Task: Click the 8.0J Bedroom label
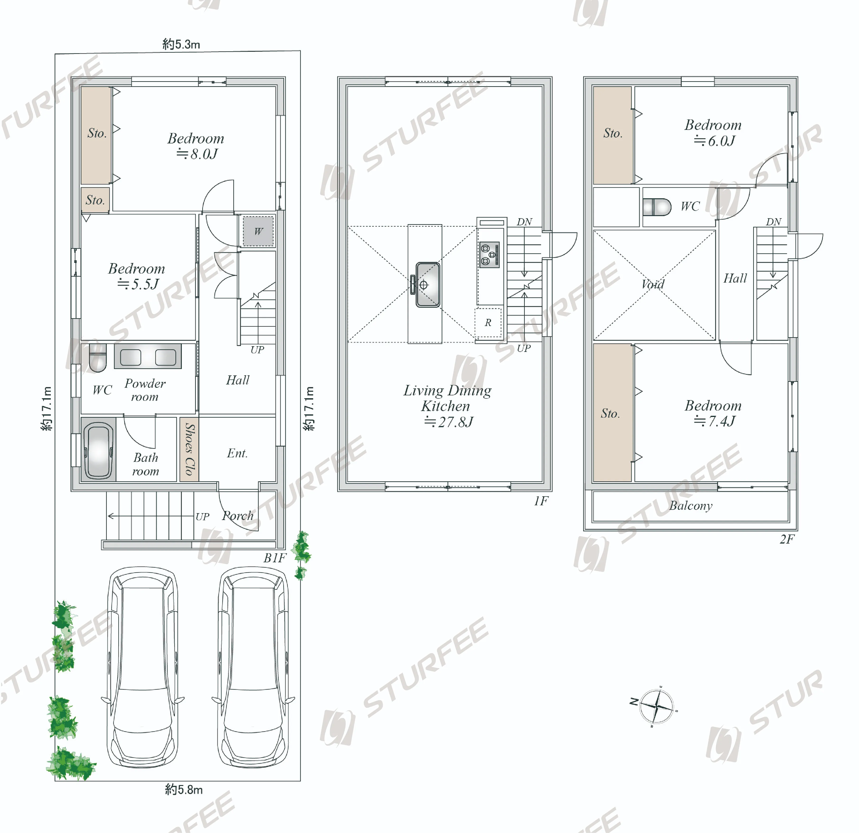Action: (196, 146)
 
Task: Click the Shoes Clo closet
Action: (189, 449)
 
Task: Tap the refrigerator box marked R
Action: (488, 323)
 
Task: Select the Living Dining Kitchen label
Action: (447, 406)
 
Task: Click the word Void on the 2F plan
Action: (652, 284)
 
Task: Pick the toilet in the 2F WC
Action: (657, 207)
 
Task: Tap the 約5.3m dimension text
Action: (181, 44)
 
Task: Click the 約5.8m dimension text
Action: (184, 790)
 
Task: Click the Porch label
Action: (238, 516)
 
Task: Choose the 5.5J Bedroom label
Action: (137, 276)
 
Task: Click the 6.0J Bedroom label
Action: (713, 133)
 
